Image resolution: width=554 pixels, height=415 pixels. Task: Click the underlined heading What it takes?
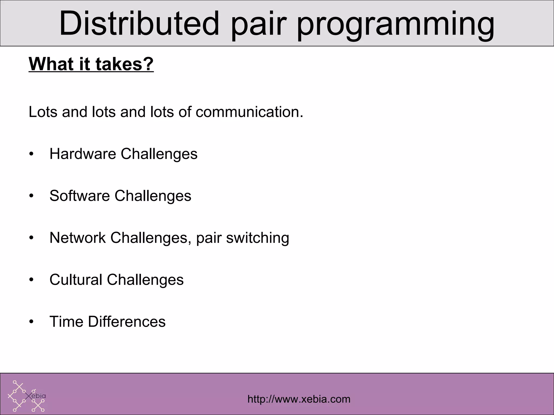(x=91, y=64)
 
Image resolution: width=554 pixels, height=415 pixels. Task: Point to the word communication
(x=249, y=112)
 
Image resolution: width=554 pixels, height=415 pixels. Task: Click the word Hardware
(x=83, y=154)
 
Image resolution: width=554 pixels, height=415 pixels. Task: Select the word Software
(x=80, y=196)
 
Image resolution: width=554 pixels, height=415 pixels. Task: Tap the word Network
(x=77, y=238)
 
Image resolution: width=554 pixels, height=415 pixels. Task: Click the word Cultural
(x=76, y=280)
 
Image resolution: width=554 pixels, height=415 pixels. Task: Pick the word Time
(x=66, y=322)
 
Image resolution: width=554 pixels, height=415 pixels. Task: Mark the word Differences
(x=127, y=322)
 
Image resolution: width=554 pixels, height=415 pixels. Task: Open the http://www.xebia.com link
(x=299, y=399)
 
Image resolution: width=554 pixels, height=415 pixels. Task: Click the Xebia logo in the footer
(x=27, y=396)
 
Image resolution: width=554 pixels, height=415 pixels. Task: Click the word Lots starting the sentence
(x=43, y=112)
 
